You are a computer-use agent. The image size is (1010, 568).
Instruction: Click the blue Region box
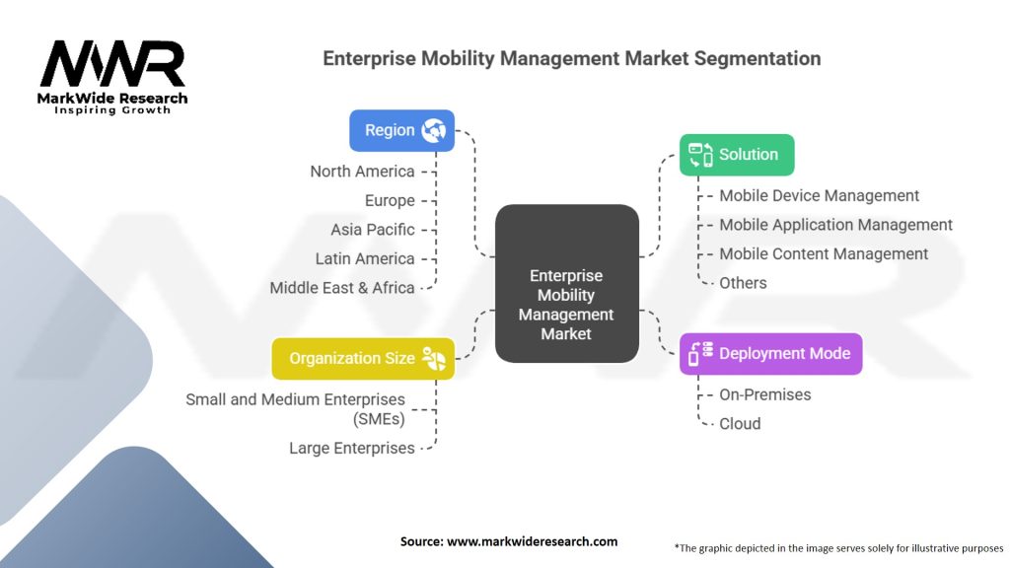(401, 130)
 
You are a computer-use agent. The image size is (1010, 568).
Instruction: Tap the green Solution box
(737, 155)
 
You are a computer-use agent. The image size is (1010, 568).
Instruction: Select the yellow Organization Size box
(363, 359)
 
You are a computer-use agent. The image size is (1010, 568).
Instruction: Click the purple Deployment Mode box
(770, 353)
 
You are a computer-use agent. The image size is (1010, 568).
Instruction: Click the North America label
(362, 172)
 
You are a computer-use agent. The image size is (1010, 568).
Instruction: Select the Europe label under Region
(390, 200)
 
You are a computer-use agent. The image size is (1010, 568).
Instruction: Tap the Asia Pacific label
(373, 230)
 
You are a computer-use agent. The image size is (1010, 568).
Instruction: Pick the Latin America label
(365, 258)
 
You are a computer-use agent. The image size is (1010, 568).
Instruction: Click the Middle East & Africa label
(342, 288)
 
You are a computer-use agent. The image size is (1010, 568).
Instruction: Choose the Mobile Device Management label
(819, 195)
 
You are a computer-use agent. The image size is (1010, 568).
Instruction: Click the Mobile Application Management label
(835, 225)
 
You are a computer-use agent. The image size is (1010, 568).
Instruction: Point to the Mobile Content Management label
(824, 253)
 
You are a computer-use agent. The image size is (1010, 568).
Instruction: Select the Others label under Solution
(743, 283)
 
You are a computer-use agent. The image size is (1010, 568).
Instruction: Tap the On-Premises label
(764, 394)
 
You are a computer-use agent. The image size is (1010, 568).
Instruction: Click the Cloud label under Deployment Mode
(740, 424)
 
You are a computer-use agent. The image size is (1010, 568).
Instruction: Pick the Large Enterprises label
(352, 448)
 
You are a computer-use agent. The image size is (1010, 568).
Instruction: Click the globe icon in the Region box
(434, 130)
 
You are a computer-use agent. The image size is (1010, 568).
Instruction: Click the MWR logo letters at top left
(112, 65)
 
